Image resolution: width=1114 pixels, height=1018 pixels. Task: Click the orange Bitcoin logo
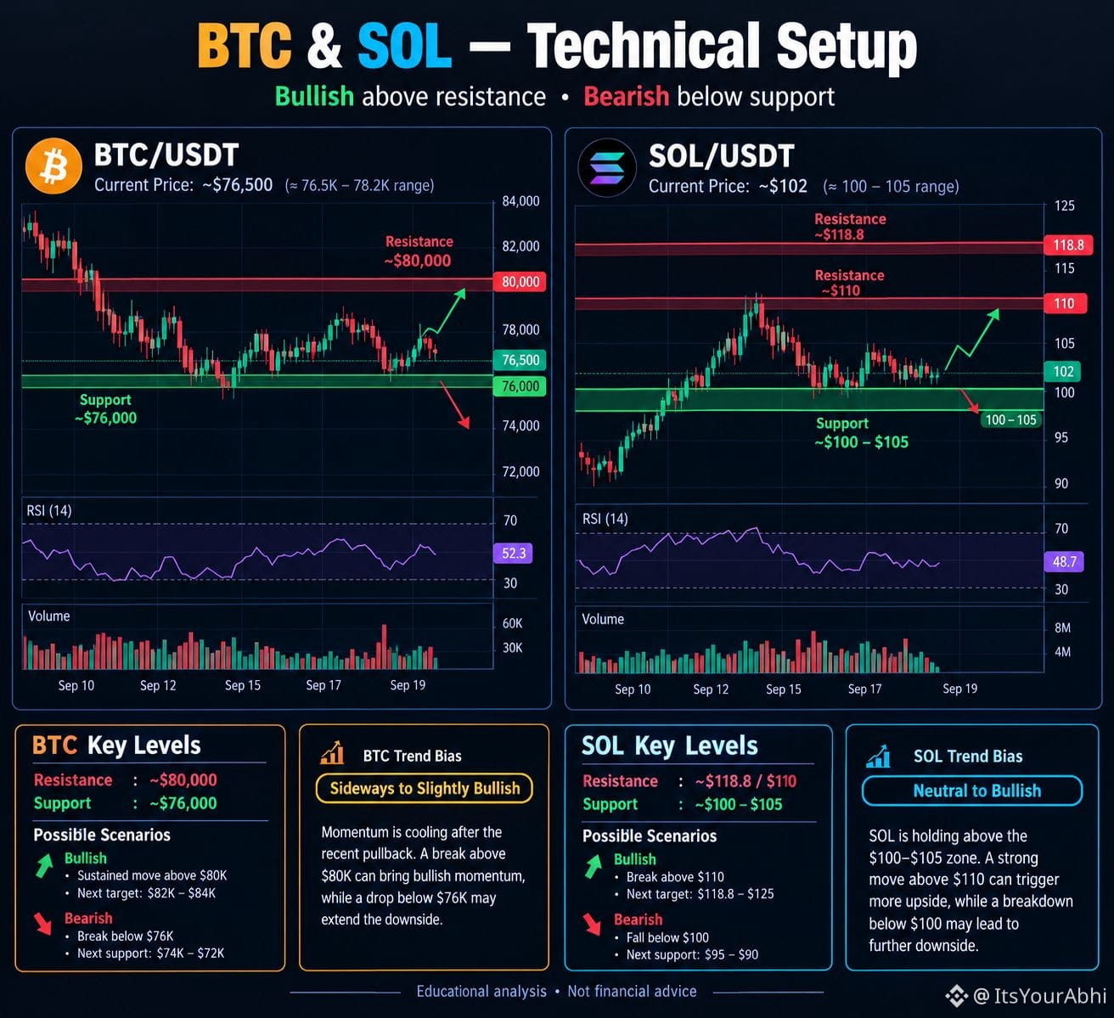pos(53,166)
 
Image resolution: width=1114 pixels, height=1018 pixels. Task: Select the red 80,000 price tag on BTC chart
pos(520,282)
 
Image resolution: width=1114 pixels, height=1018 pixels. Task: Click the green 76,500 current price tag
pos(520,360)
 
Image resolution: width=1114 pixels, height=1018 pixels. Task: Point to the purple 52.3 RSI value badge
pos(513,554)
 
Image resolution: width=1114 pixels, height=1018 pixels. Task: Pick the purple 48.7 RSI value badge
pos(1064,561)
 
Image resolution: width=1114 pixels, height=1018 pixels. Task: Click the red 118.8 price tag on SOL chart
pos(1068,245)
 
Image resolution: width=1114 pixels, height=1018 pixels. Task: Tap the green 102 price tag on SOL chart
pos(1063,372)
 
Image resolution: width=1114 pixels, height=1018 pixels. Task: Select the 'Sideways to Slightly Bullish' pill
pos(425,788)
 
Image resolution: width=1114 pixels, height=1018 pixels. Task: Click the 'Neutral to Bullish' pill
pos(972,790)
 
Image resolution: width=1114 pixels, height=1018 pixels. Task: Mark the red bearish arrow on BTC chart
pos(455,405)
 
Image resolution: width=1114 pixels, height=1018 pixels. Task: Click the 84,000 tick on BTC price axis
pos(520,201)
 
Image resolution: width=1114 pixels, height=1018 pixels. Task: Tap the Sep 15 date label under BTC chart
pos(243,685)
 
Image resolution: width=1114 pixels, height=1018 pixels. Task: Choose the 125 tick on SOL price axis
pos(1064,205)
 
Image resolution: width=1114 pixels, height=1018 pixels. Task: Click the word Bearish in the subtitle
pos(626,97)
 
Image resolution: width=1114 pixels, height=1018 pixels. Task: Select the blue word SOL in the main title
pos(404,46)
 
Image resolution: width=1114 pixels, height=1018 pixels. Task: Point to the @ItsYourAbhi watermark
pos(1027,995)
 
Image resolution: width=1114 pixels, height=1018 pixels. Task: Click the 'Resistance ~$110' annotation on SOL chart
pos(849,283)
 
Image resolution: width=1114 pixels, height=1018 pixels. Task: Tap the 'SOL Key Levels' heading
pos(669,745)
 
